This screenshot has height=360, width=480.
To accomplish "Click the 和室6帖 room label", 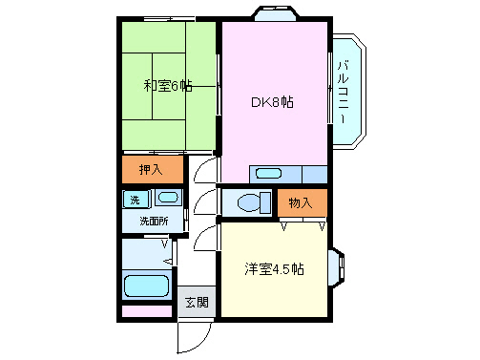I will [x=167, y=86].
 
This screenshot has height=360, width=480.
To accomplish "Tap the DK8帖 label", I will [x=272, y=102].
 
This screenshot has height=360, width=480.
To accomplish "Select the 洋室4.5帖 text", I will [x=272, y=269].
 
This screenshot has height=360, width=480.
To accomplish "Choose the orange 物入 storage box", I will [x=302, y=202].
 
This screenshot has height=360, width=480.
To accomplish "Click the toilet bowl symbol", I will [x=251, y=202].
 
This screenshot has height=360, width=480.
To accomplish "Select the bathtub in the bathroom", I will [x=146, y=286].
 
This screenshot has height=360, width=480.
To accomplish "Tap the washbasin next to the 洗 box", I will [x=167, y=199].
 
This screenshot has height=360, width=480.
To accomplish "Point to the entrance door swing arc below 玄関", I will [x=194, y=335].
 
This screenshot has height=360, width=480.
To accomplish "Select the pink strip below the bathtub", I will [x=146, y=311].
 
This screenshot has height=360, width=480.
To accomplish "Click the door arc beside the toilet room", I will [x=205, y=202].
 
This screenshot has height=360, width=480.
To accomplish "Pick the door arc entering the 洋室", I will [x=205, y=237].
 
